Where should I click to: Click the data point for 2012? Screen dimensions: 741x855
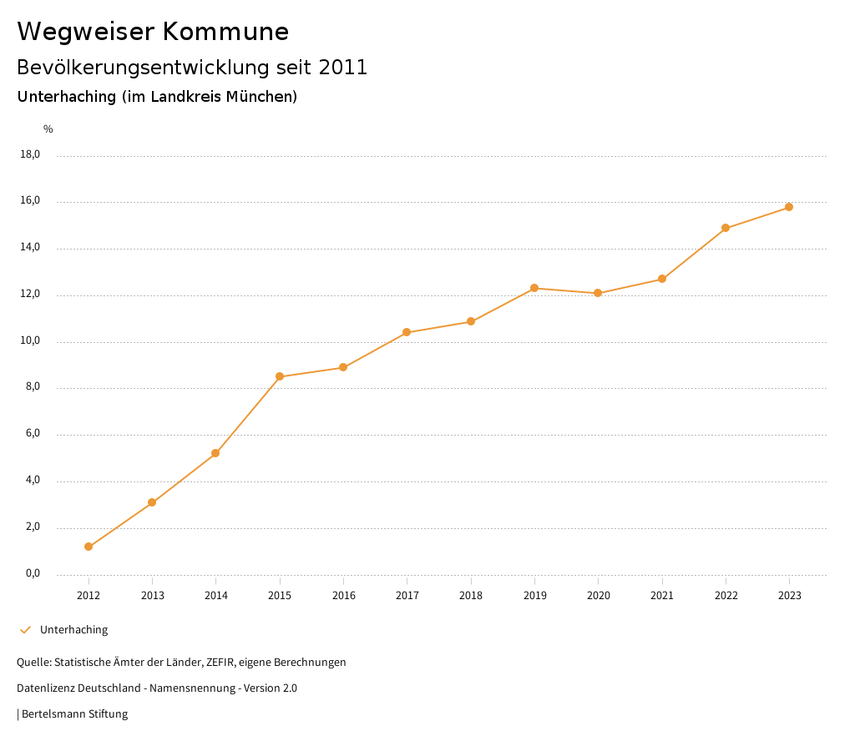pos(89,547)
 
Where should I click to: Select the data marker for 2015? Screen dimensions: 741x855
pos(280,376)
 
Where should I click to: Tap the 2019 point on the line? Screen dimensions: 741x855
pos(534,288)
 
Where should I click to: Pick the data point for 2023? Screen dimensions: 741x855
pos(789,207)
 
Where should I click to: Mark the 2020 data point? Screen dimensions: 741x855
pos(598,293)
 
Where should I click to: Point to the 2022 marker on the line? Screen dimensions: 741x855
pos(726,228)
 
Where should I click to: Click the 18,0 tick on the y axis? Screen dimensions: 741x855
pos(31,154)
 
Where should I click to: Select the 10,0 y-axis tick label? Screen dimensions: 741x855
pos(31,341)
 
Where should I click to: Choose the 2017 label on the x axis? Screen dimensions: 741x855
pos(407,596)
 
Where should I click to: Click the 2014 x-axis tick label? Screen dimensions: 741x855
pos(216,596)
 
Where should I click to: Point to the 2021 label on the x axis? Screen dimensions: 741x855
pos(662,596)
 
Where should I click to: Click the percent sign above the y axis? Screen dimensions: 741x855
pos(48,129)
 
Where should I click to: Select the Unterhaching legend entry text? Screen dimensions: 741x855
pos(73,630)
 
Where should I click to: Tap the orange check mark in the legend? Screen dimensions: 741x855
pos(25,630)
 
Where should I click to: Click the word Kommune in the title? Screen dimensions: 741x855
pos(226,32)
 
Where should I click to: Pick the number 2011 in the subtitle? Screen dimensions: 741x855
pos(343,68)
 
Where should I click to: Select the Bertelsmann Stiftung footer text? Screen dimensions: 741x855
pos(74,714)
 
